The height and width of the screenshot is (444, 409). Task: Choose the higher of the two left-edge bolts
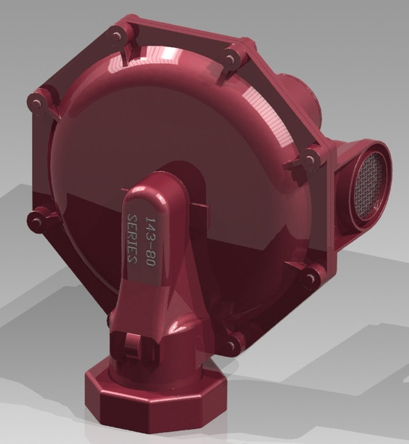click(36, 101)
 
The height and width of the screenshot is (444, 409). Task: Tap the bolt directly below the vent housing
click(309, 277)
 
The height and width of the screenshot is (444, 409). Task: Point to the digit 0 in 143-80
click(149, 260)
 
